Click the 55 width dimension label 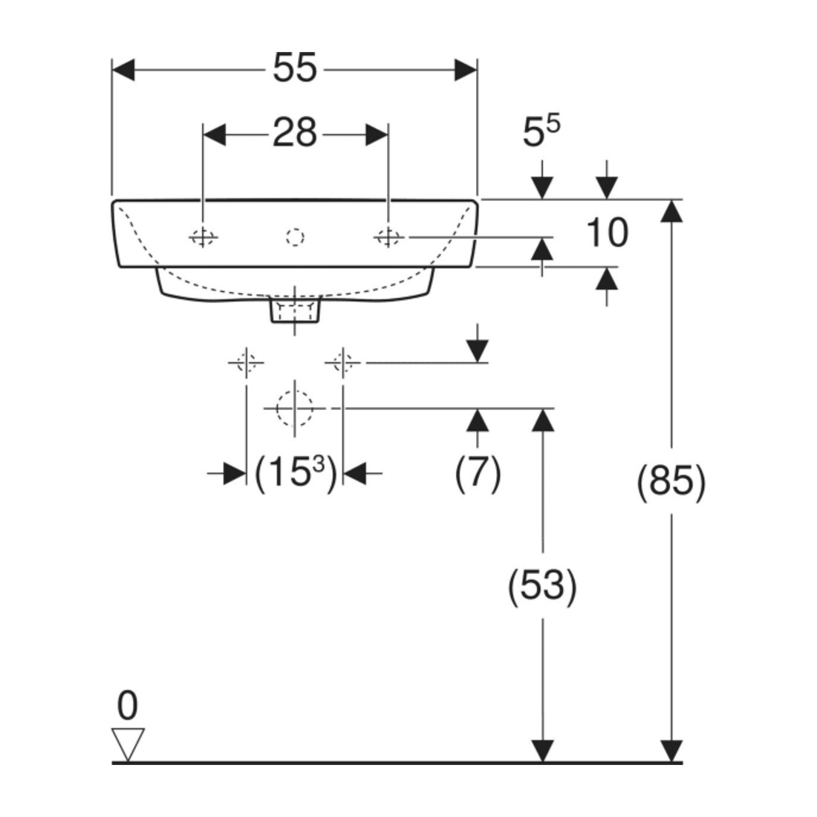[295, 68]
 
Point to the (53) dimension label [542, 585]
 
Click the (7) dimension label [478, 473]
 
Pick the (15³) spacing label [296, 473]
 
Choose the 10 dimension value [607, 232]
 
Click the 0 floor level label [128, 706]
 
